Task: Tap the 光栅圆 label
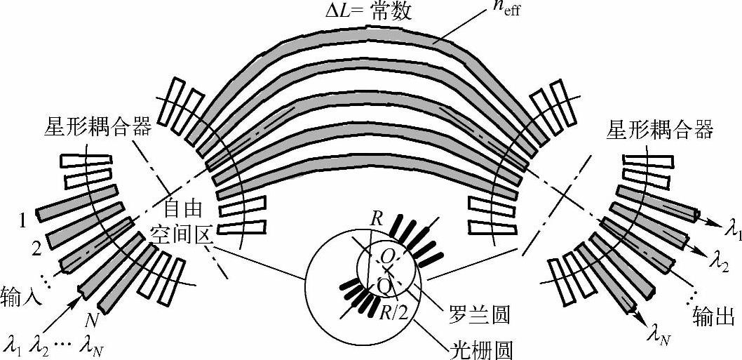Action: [474, 346]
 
